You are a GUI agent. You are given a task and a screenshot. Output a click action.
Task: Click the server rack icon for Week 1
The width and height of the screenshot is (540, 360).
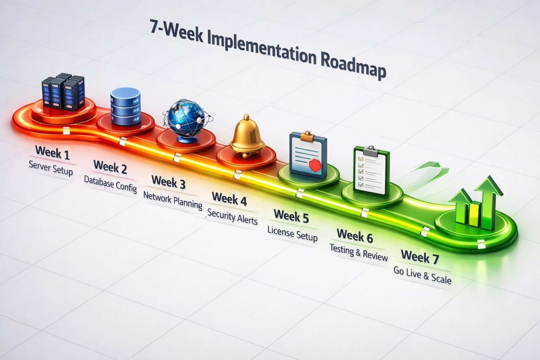[63, 91]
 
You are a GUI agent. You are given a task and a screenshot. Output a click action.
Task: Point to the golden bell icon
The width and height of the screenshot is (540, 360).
[247, 136]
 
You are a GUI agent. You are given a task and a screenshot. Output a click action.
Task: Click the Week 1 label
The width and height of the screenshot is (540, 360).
[52, 153]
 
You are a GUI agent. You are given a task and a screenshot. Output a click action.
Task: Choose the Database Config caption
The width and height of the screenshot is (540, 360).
[110, 184]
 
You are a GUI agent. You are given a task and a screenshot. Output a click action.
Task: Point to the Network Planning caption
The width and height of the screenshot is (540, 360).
[173, 199]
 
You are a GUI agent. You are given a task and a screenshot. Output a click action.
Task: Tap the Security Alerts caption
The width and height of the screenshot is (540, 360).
[232, 216]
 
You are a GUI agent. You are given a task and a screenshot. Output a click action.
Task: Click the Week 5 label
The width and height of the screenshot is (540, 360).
[291, 216]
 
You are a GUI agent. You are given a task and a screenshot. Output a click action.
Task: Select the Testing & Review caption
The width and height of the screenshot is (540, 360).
[359, 252]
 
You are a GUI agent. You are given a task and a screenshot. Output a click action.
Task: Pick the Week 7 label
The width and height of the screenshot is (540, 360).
[420, 257]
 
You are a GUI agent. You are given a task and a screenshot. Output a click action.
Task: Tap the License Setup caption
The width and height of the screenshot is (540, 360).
[292, 233]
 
